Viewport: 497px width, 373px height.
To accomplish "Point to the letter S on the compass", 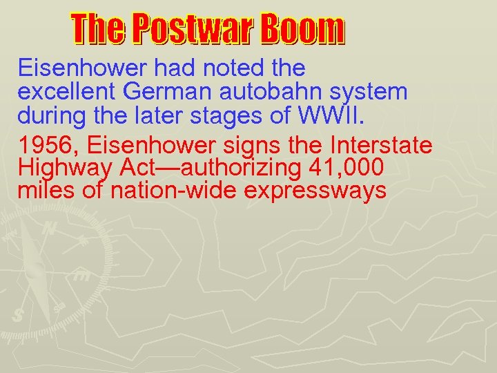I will [x=18, y=316].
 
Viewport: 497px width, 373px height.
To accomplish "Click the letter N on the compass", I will [x=49, y=227].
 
